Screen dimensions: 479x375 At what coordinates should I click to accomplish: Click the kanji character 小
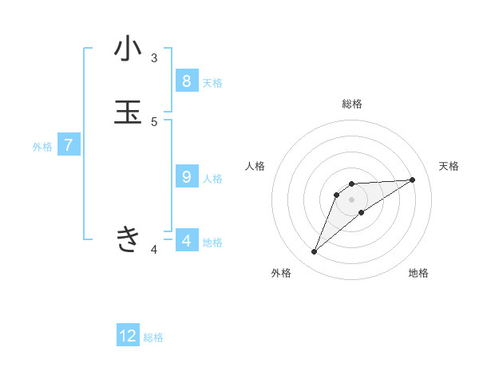click(128, 49)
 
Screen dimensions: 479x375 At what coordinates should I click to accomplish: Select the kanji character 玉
click(128, 112)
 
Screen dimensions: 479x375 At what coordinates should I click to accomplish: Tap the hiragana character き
click(128, 239)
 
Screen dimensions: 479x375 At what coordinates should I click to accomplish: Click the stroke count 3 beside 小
click(154, 58)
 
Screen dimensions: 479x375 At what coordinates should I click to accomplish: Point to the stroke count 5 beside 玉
click(154, 122)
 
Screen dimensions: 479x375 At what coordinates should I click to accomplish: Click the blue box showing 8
click(186, 81)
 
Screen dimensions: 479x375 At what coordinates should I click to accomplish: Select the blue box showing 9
click(186, 177)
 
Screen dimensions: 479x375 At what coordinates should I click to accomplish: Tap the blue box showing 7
click(69, 145)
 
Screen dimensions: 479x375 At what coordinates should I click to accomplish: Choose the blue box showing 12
click(128, 336)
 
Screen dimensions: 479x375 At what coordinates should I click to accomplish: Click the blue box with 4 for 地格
click(186, 240)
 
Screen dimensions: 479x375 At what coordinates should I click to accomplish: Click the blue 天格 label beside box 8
click(212, 83)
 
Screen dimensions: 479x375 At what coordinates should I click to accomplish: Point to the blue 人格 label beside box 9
click(212, 179)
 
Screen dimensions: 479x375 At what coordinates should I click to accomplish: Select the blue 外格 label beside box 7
click(42, 147)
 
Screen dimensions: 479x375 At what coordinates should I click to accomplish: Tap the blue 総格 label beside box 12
click(154, 337)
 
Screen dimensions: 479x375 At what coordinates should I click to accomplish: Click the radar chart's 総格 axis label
click(352, 104)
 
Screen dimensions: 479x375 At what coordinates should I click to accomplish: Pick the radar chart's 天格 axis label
click(449, 166)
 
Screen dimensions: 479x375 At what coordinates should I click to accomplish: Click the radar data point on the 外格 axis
click(314, 252)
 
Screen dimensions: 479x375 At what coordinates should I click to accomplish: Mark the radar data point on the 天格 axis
click(413, 180)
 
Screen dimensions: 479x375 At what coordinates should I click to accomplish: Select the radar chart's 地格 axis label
click(418, 274)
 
